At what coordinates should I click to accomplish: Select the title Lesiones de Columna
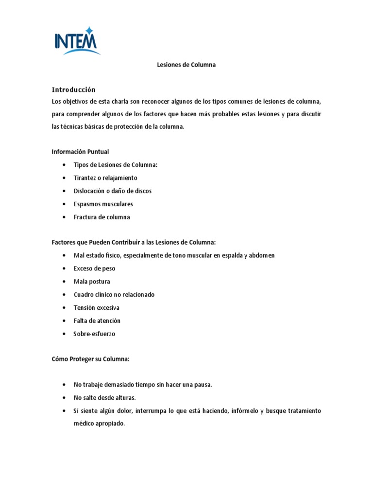(x=186, y=65)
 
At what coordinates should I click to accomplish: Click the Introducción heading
(x=74, y=89)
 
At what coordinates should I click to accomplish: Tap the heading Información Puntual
(x=80, y=152)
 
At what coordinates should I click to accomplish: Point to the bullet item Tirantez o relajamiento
(x=105, y=178)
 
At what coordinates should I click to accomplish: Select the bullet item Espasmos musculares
(x=103, y=204)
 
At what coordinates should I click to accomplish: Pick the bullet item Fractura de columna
(x=102, y=217)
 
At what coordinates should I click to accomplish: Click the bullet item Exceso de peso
(x=94, y=268)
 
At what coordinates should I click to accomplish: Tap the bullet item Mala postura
(x=92, y=282)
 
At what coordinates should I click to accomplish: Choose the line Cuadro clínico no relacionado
(x=114, y=295)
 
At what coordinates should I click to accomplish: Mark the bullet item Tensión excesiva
(x=96, y=308)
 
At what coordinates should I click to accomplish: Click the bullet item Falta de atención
(x=97, y=321)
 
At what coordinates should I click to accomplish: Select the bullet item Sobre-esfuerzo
(x=94, y=334)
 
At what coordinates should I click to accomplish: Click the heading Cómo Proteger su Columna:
(x=91, y=359)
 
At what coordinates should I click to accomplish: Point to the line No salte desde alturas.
(x=104, y=398)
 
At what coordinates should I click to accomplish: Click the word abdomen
(x=262, y=255)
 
